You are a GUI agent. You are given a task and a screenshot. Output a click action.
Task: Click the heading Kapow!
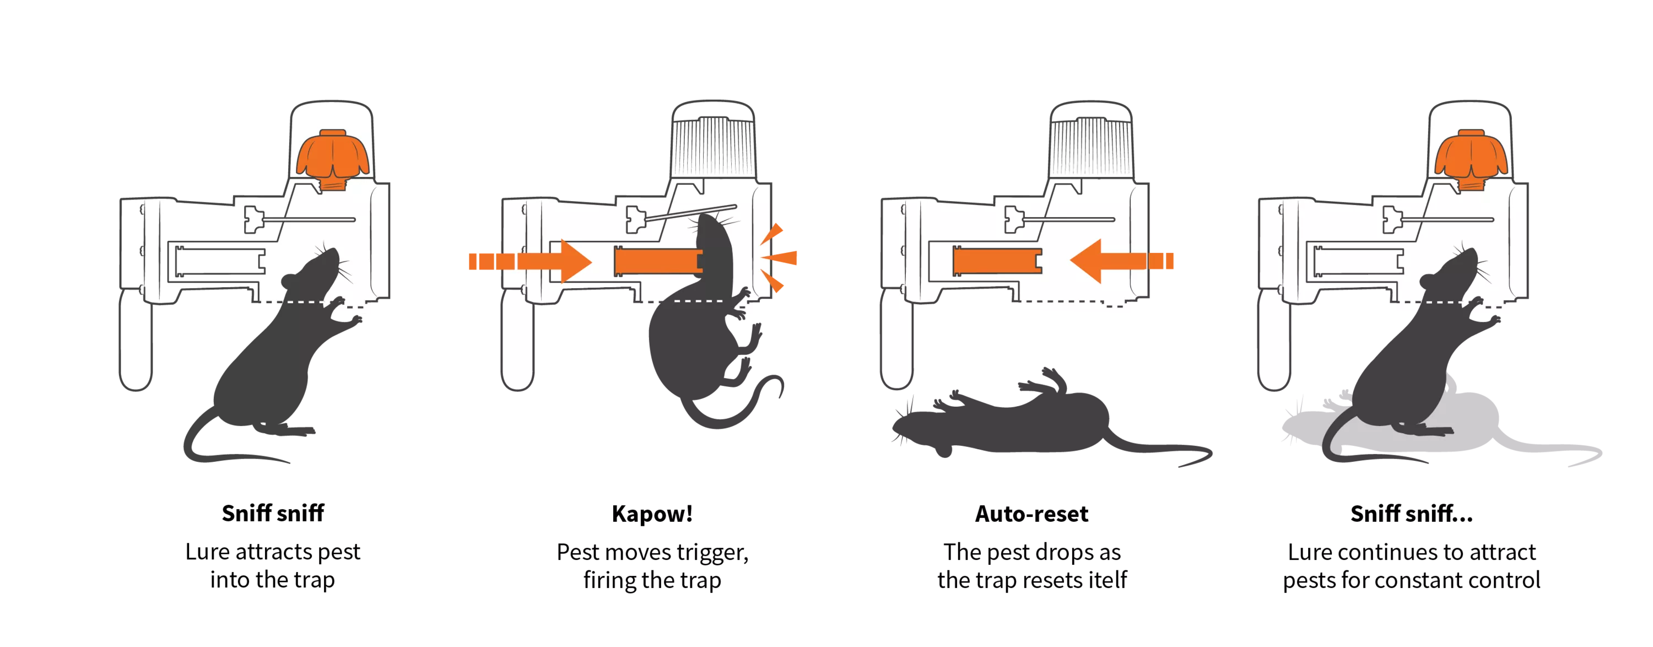point(652,514)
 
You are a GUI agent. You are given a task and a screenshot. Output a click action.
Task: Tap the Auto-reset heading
point(1032,514)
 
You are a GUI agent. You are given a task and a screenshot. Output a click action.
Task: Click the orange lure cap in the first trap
point(332,159)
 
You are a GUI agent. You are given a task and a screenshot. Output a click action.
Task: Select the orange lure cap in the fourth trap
point(1471,159)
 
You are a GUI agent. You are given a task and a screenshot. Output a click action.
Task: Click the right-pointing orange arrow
point(530,261)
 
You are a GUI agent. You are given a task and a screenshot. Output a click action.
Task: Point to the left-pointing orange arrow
point(1121,261)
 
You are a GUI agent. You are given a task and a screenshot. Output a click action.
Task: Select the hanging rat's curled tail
point(738,408)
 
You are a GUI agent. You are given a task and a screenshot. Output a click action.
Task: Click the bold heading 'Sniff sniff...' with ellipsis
point(1412,514)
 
